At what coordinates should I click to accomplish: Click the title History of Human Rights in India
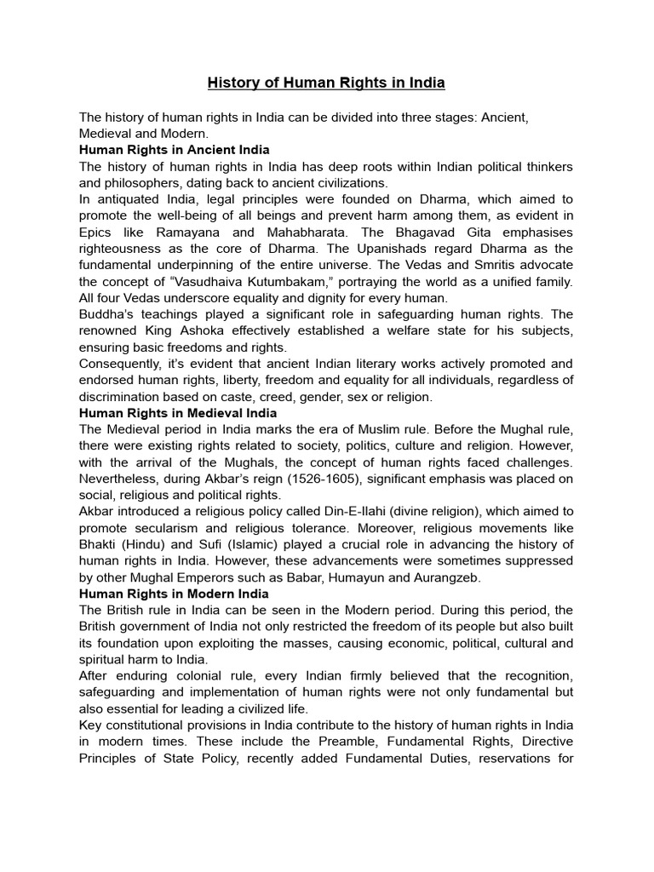click(x=327, y=83)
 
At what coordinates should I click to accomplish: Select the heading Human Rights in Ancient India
click(x=169, y=150)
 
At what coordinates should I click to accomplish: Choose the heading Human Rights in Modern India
click(x=174, y=594)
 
